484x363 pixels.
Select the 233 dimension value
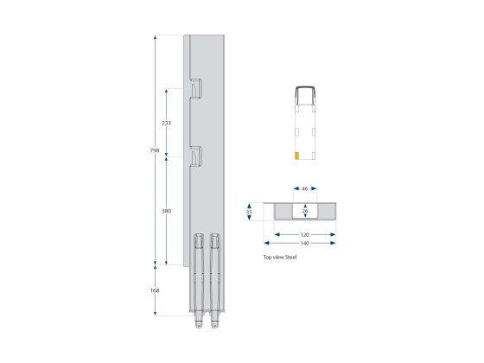[x=166, y=123]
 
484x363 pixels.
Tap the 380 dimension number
[x=166, y=210]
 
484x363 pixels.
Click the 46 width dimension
[x=305, y=188]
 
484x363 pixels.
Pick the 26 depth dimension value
[x=305, y=210]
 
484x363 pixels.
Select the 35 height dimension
[x=249, y=211]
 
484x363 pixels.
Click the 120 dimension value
[x=305, y=233]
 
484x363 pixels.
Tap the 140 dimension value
[x=305, y=243]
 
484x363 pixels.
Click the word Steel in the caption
[x=290, y=258]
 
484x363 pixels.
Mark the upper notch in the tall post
[x=195, y=87]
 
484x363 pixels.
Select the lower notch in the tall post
[x=195, y=156]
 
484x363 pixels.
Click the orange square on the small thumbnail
[x=297, y=156]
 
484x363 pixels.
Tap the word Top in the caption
[x=267, y=258]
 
